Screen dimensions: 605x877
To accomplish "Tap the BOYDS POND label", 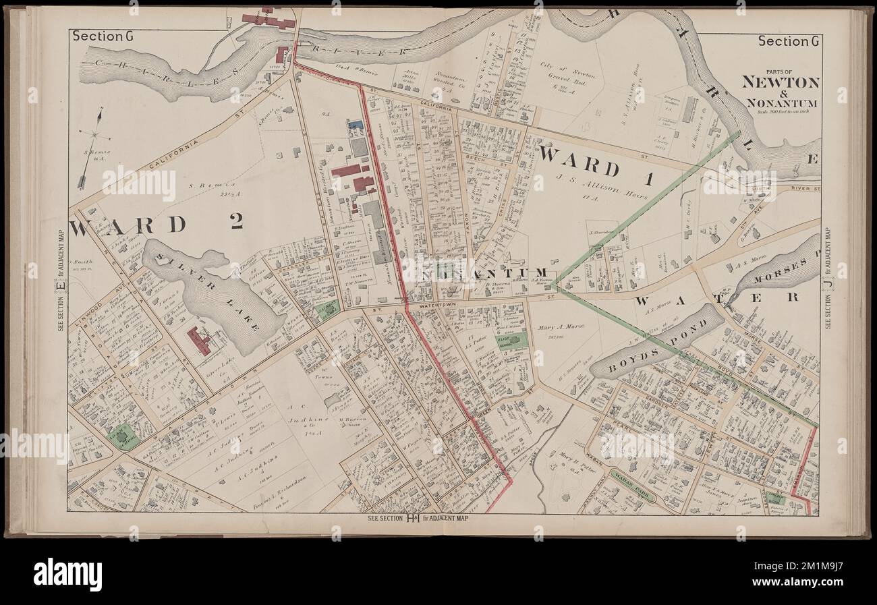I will pos(654,341).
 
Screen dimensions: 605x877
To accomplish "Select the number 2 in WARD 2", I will pos(235,223).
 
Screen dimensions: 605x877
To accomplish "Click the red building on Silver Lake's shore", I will pos(200,341).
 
